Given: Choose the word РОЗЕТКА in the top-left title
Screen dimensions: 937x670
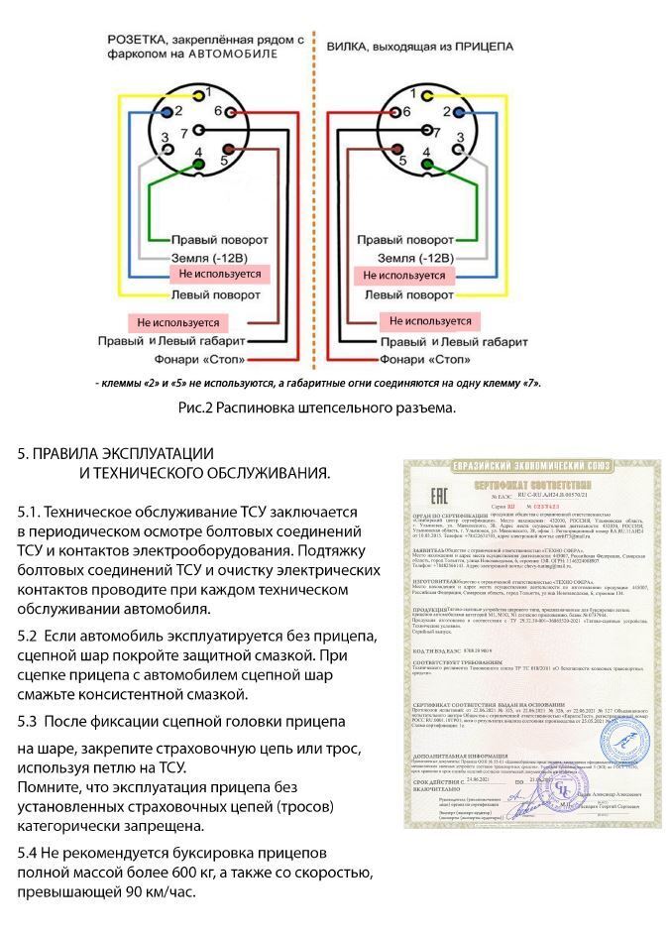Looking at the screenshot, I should tap(140, 41).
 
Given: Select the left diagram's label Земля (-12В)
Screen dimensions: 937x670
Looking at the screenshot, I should tap(212, 257).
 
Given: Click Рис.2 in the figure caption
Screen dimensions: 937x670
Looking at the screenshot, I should tap(196, 408).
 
